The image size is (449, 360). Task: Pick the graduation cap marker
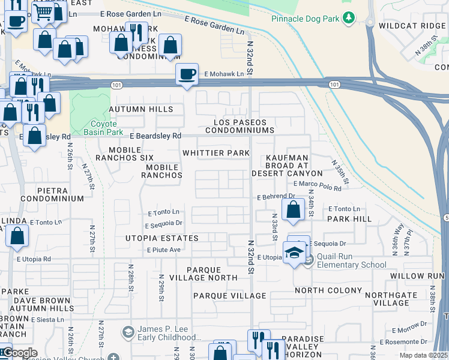click(x=294, y=253)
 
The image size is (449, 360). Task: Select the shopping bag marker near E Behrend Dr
click(x=294, y=210)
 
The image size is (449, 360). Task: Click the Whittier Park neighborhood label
click(x=215, y=154)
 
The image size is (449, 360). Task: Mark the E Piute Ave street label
click(x=163, y=250)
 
